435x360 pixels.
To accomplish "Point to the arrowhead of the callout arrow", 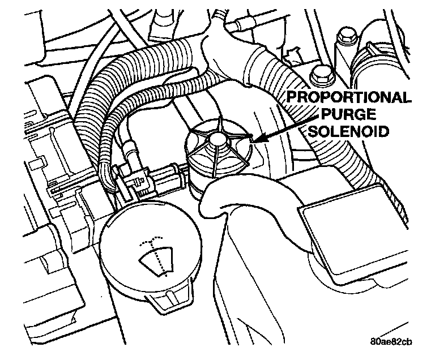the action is point(252,139).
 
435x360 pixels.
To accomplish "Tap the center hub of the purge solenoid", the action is point(216,139).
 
